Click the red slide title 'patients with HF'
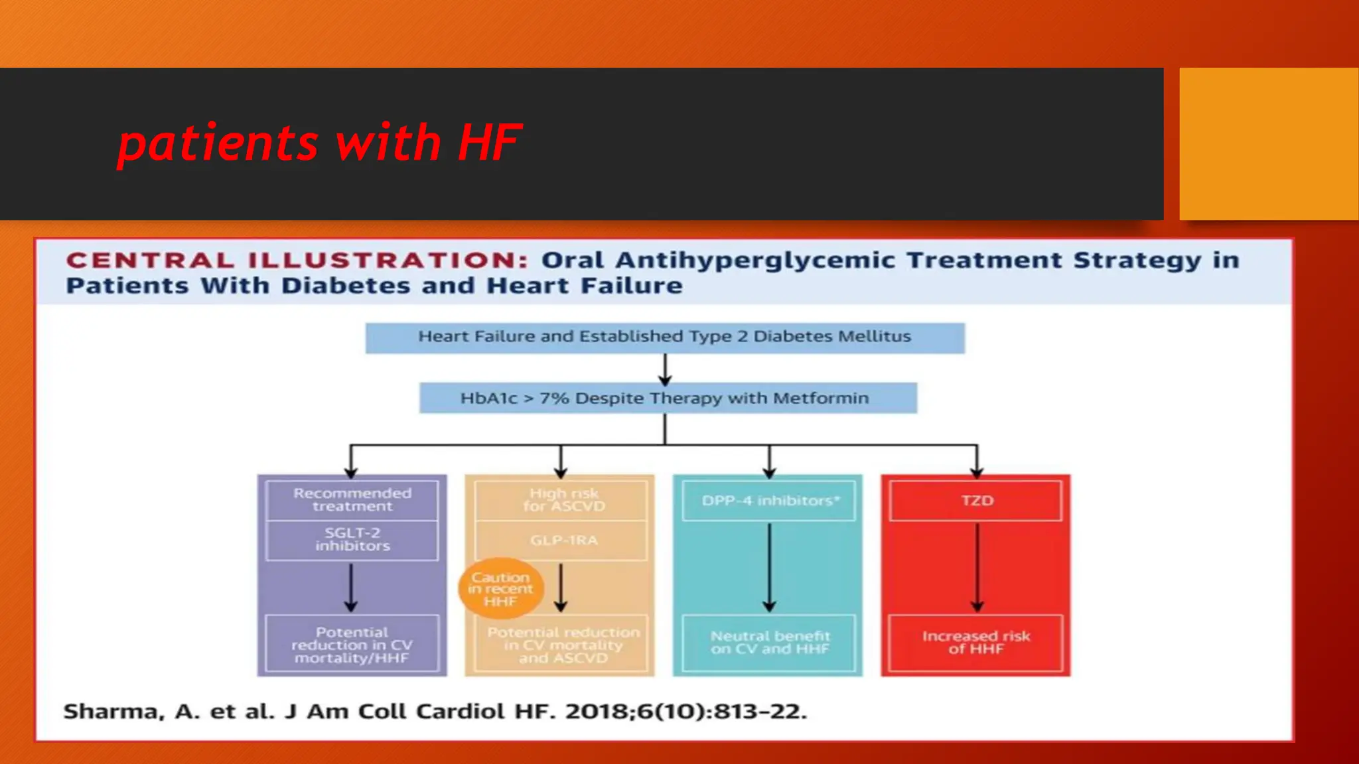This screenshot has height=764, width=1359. (319, 143)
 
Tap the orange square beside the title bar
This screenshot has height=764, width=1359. (1268, 144)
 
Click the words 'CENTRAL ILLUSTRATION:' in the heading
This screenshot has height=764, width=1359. (297, 260)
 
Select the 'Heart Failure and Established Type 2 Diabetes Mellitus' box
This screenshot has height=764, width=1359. (664, 338)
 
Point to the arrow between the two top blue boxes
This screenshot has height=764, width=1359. (665, 369)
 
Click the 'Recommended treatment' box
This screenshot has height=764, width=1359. (352, 500)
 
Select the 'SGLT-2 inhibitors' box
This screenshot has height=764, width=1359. (352, 540)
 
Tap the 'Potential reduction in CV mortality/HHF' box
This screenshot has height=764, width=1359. (352, 644)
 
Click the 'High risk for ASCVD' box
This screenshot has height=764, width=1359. (561, 500)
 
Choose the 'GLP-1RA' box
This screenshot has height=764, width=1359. (561, 541)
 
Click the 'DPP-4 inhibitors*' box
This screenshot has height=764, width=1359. (769, 501)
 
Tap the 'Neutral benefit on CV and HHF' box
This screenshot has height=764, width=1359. (769, 643)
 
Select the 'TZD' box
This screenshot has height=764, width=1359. (976, 501)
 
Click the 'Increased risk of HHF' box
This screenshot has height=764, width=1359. (975, 643)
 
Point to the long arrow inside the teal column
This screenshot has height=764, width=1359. (769, 567)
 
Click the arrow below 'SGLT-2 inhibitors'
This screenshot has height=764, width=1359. (351, 588)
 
